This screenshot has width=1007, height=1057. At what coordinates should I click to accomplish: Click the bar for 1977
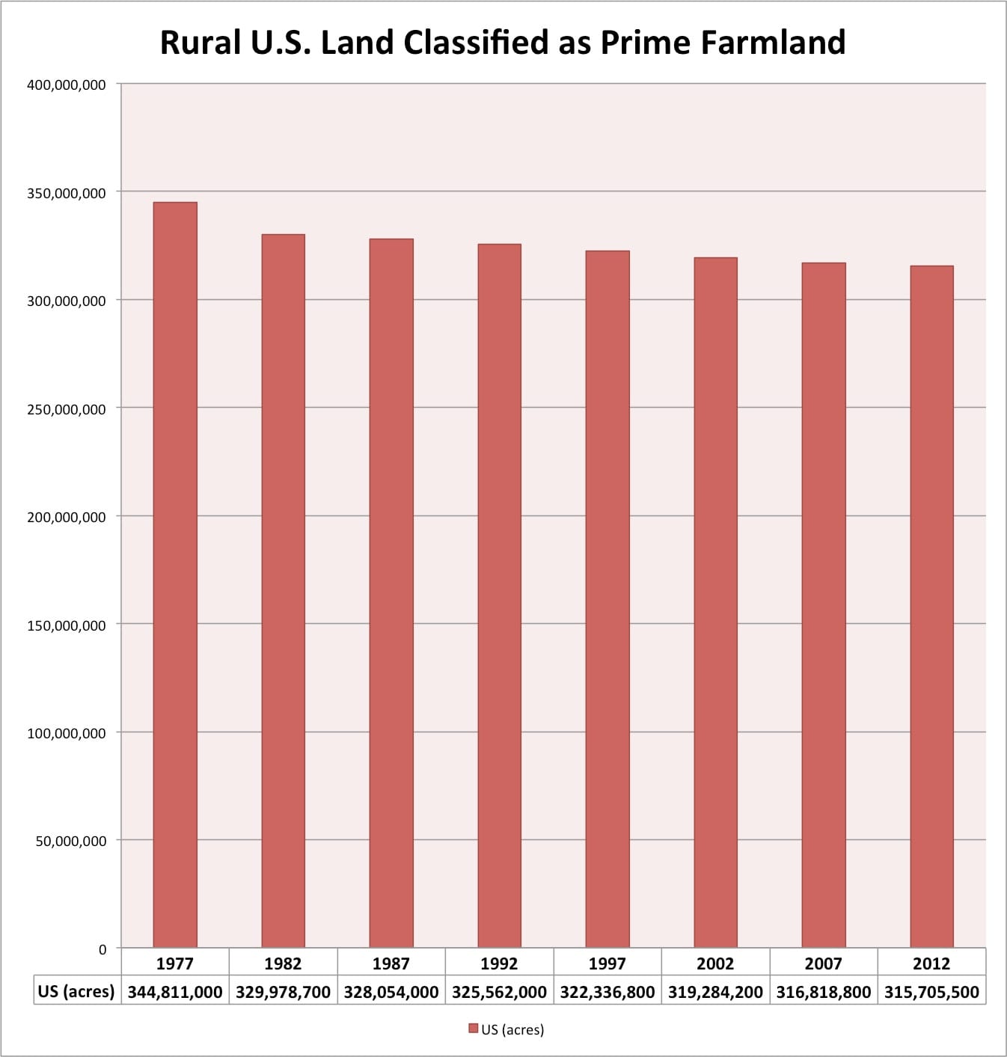pos(175,575)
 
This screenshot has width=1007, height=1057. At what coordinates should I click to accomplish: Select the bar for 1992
pos(499,595)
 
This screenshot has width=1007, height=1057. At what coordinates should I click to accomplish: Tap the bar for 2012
pos(931,607)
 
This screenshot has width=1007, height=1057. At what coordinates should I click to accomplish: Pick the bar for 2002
pos(715,602)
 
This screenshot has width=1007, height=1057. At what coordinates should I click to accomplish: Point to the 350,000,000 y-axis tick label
pos(66,193)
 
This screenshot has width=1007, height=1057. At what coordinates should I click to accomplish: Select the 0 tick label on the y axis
pos(102,950)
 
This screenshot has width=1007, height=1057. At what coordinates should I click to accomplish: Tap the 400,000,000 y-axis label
pos(66,85)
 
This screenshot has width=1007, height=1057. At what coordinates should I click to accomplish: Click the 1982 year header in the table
pos(283,963)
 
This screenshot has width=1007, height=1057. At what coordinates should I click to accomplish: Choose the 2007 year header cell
pos(824,963)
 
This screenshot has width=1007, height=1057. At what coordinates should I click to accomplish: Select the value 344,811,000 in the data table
pos(175,992)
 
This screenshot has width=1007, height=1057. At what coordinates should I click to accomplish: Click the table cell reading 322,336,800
pos(607,992)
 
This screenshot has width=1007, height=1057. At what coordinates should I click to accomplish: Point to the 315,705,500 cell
pos(931,992)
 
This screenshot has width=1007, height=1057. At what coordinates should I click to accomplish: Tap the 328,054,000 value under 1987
pos(391,992)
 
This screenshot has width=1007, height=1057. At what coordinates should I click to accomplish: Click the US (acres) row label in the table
pos(76,991)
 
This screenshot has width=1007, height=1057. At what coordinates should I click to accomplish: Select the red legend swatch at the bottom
pos(474,1029)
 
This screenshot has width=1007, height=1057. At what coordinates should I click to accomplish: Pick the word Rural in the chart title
pos(201,43)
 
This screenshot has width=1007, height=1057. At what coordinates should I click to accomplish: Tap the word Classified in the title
pos(477,43)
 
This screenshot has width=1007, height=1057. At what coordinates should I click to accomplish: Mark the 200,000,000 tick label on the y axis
pos(66,517)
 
